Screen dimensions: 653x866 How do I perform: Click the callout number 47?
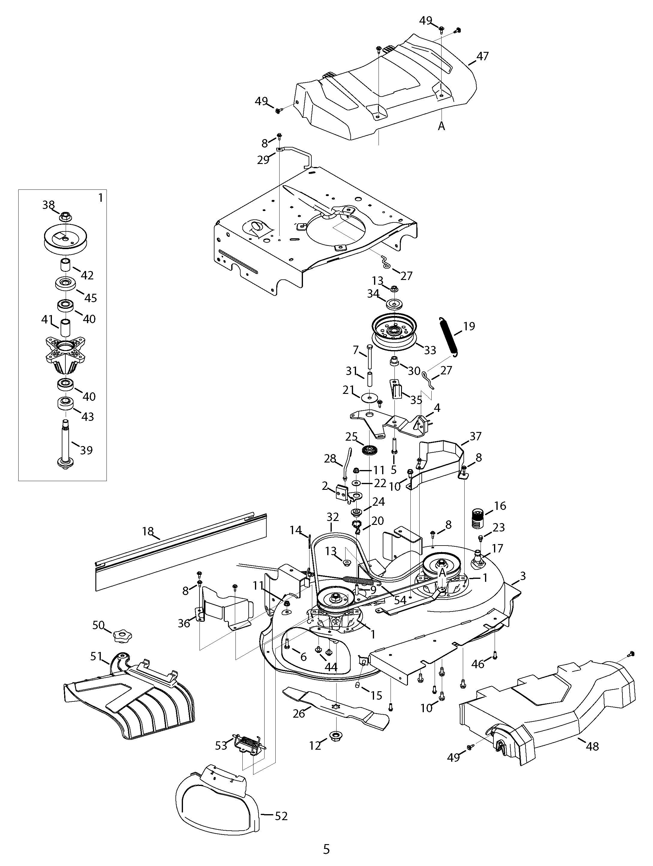[483, 56]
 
